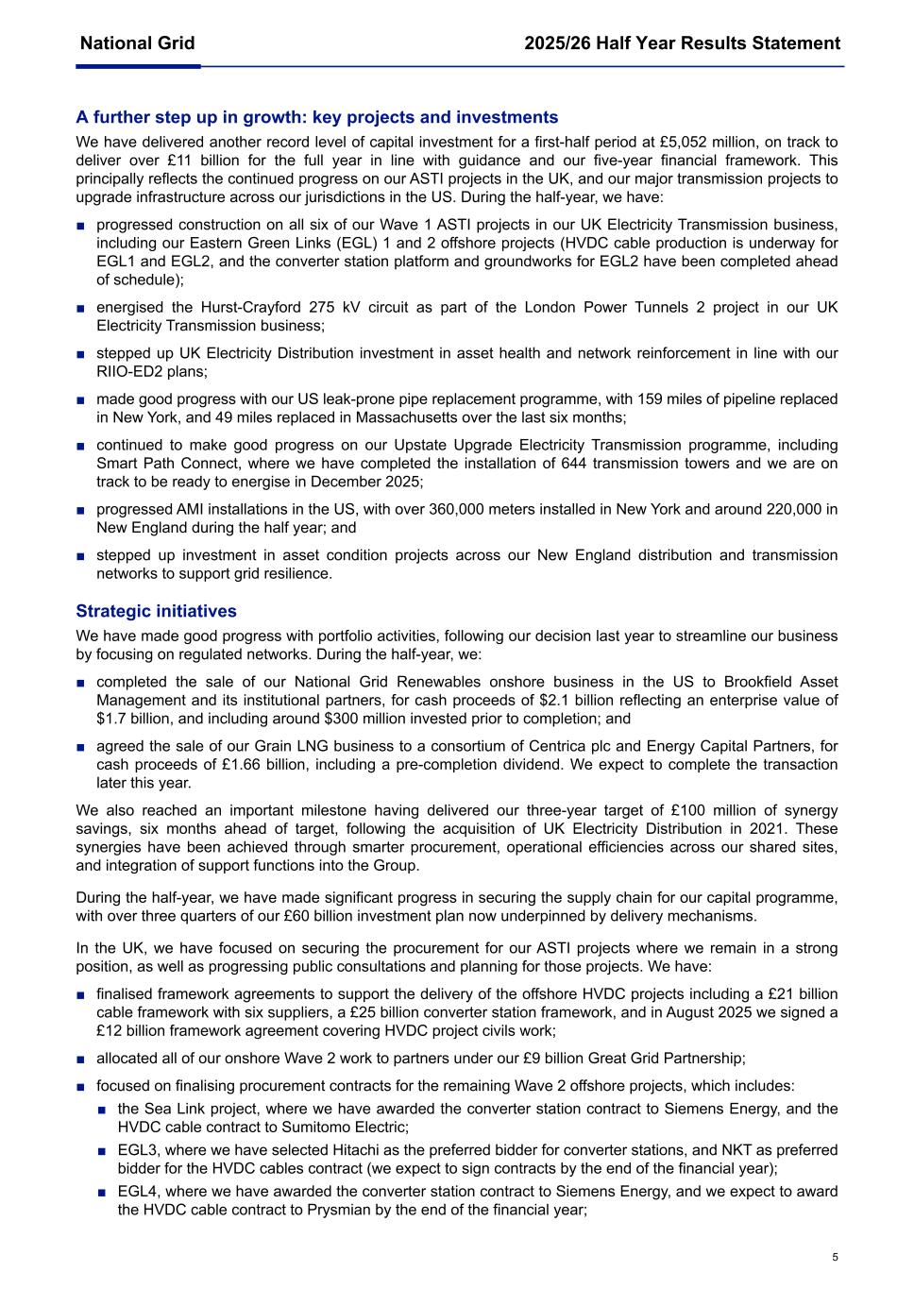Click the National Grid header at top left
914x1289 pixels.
tap(138, 43)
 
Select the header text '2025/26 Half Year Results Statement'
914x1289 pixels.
tap(682, 43)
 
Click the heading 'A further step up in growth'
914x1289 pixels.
tap(317, 117)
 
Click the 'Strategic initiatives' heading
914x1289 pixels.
tap(157, 611)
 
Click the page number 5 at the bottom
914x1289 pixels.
tap(835, 1257)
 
